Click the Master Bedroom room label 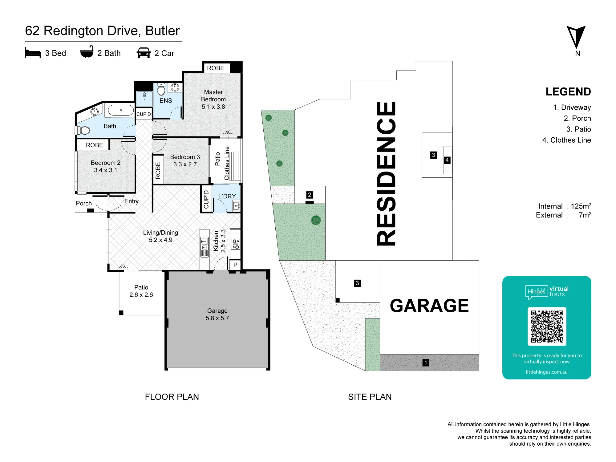pos(213,99)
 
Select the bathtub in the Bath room pos(121,110)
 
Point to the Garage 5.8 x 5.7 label pos(217,314)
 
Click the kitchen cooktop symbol pos(236,244)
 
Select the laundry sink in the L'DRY pos(236,205)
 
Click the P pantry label pos(235,265)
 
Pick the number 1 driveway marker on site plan pos(426,363)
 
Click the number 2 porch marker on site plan pos(310,195)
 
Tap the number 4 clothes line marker pos(447,160)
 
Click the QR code pos(547,326)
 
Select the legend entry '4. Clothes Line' pos(567,140)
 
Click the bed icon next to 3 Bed pos(33,53)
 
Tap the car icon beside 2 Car pos(144,53)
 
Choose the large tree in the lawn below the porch pos(316,220)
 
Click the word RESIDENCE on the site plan pos(386,173)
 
